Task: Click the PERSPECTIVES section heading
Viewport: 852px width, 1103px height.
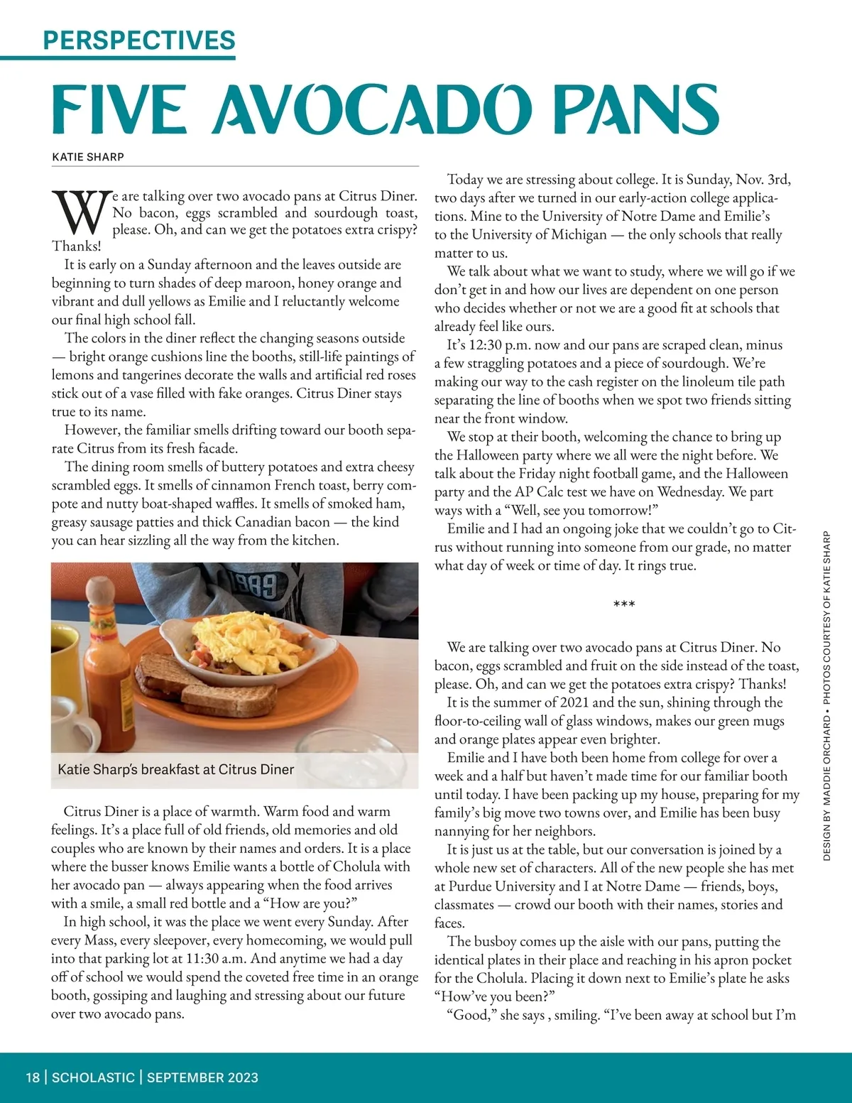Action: pos(139,40)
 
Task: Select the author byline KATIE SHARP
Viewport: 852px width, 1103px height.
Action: pos(88,157)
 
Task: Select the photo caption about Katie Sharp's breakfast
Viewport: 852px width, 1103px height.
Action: pos(175,769)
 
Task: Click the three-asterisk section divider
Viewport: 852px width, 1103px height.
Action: pos(624,604)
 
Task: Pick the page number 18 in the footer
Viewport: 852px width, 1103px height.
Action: pos(33,1077)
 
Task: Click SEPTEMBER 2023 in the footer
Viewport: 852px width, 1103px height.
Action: pos(202,1077)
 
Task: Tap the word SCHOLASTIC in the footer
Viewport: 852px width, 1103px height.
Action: pos(93,1077)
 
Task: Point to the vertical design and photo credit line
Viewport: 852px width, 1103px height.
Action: pos(827,696)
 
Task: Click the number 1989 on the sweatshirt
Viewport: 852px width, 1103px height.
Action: pos(255,585)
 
